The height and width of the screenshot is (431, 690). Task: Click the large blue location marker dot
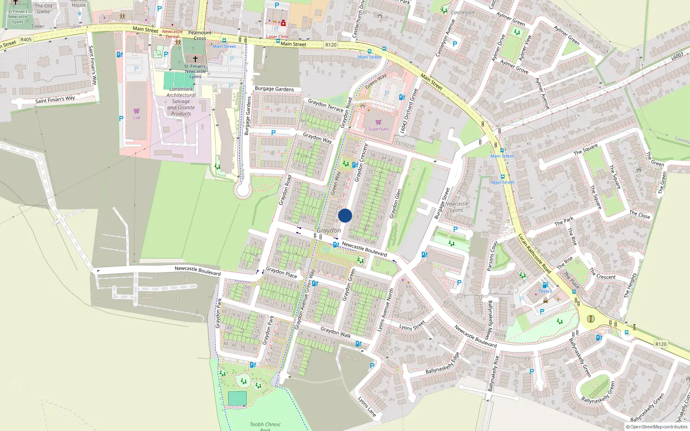(345, 215)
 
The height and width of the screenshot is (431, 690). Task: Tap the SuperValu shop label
(378, 129)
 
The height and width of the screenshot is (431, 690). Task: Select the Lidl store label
(136, 118)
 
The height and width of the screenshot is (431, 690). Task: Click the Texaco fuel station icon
(545, 285)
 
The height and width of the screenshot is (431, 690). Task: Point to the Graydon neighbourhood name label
(329, 231)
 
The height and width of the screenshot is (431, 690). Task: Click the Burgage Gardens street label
(274, 89)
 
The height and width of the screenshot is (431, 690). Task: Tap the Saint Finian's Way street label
(55, 100)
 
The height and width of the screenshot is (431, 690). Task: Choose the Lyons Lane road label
(367, 406)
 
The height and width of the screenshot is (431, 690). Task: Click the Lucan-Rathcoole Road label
(534, 253)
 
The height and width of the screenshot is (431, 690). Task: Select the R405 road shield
(26, 40)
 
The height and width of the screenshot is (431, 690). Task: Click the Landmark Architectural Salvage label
(181, 101)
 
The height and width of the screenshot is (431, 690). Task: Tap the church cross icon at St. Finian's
(195, 59)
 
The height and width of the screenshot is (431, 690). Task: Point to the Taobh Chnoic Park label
(265, 426)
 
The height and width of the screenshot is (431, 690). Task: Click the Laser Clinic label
(277, 37)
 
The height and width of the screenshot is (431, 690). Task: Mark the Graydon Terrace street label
(325, 105)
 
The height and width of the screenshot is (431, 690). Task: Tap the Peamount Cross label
(200, 35)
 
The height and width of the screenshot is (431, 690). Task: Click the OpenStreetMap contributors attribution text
(657, 427)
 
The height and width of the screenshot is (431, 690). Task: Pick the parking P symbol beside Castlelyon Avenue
(455, 44)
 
